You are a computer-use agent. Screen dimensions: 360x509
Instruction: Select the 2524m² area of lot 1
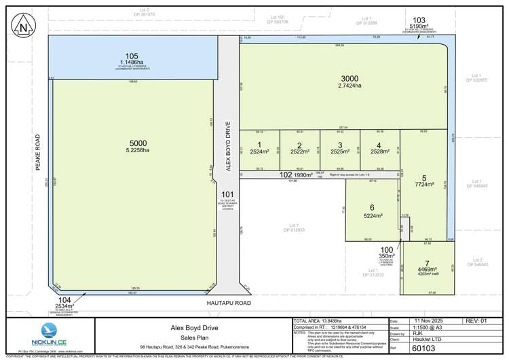click(x=259, y=152)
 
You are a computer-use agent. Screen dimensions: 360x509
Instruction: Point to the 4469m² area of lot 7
click(x=426, y=270)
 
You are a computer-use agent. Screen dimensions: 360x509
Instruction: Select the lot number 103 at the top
click(x=419, y=20)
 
